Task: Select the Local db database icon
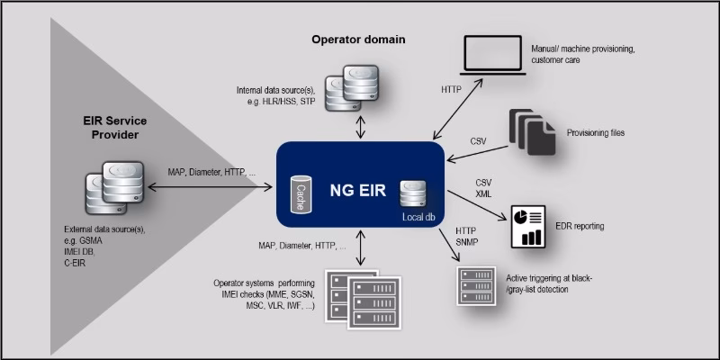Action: pyautogui.click(x=413, y=194)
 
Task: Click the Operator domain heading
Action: pyautogui.click(x=358, y=40)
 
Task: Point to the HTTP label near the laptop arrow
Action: pyautogui.click(x=452, y=91)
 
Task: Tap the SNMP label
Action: pyautogui.click(x=468, y=242)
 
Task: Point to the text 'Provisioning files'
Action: pyautogui.click(x=595, y=133)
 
